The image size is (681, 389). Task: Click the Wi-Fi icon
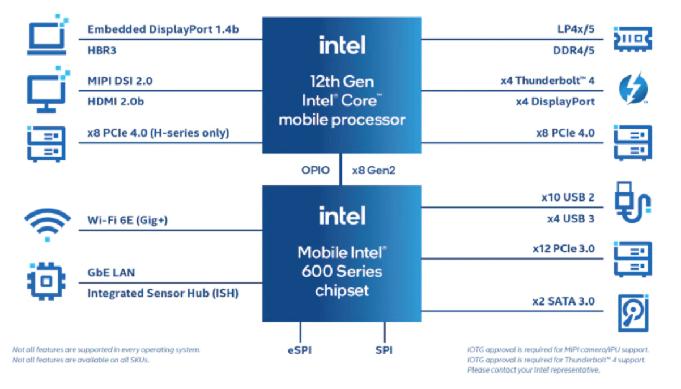pyautogui.click(x=48, y=223)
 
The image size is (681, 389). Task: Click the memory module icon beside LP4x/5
pyautogui.click(x=633, y=39)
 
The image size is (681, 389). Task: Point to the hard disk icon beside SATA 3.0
pyautogui.click(x=633, y=312)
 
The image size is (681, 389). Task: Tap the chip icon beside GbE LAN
pyautogui.click(x=46, y=281)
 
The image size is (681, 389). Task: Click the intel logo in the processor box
pyautogui.click(x=342, y=45)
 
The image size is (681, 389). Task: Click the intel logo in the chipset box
pyautogui.click(x=342, y=215)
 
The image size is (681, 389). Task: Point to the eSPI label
pyautogui.click(x=299, y=350)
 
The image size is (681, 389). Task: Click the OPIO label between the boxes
pyautogui.click(x=315, y=170)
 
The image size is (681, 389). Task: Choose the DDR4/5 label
pyautogui.click(x=573, y=50)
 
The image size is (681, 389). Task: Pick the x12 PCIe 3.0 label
pyautogui.click(x=563, y=248)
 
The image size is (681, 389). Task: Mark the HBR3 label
pyautogui.click(x=102, y=50)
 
